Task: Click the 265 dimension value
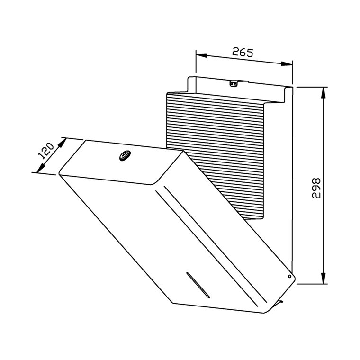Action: pos(243,52)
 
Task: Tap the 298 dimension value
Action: pos(316,188)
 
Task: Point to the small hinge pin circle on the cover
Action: pos(290,276)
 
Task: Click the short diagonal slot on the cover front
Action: pos(198,285)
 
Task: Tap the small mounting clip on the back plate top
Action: pos(234,84)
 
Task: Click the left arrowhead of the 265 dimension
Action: pos(202,55)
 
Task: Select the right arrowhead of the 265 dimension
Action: pos(287,64)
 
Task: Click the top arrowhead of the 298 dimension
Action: pos(324,93)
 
